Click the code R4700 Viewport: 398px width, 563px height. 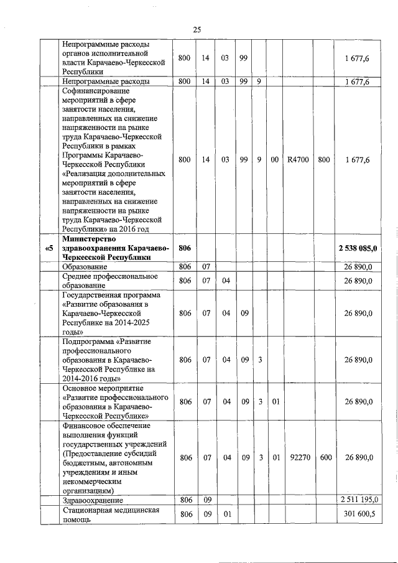pos(298,160)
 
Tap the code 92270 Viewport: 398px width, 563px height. pos(298,457)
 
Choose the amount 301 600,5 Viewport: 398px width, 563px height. pos(359,514)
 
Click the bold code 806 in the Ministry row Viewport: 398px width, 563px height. pos(184,248)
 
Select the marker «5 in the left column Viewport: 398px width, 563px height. pos(50,248)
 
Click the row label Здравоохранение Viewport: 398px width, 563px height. pos(93,500)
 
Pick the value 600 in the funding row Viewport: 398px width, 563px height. pos(325,457)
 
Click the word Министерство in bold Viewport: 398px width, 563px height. pos(90,239)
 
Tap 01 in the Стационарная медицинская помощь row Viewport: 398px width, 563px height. pos(227,514)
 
